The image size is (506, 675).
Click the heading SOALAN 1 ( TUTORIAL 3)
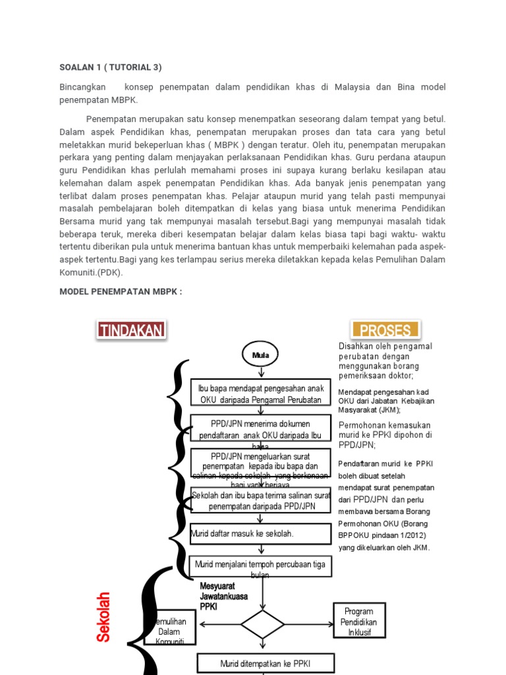pyautogui.click(x=111, y=67)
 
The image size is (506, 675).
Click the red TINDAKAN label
pyautogui.click(x=131, y=330)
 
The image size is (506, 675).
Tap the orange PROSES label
pyautogui.click(x=386, y=330)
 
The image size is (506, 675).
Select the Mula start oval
pyautogui.click(x=261, y=355)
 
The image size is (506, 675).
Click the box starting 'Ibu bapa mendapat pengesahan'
pyautogui.click(x=260, y=394)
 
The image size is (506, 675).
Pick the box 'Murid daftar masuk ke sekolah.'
pyautogui.click(x=260, y=534)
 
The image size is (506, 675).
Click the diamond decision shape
pyautogui.click(x=262, y=624)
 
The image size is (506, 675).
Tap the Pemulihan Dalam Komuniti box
pyautogui.click(x=169, y=631)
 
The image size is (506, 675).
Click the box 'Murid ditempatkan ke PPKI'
pyautogui.click(x=266, y=663)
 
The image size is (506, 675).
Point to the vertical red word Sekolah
pyautogui.click(x=103, y=617)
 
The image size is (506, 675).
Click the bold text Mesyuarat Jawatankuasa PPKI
pyautogui.click(x=223, y=596)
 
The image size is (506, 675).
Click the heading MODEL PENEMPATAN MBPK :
pyautogui.click(x=121, y=291)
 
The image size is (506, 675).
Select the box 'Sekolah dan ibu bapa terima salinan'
pyautogui.click(x=260, y=500)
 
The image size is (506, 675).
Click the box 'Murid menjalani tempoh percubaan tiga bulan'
pyautogui.click(x=260, y=567)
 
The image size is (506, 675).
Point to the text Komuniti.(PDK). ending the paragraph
pyautogui.click(x=91, y=272)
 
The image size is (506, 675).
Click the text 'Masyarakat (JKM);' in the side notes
pyautogui.click(x=369, y=409)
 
